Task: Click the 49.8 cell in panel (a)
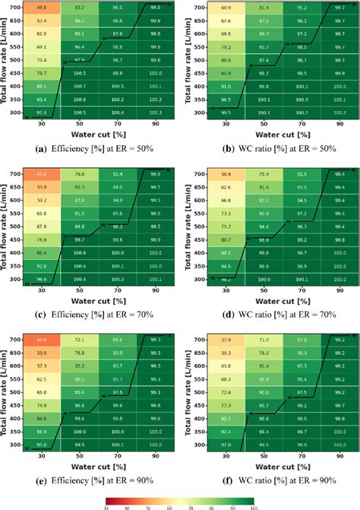click(42, 6)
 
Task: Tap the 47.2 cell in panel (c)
click(42, 174)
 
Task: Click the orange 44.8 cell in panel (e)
click(42, 341)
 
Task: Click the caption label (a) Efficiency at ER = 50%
click(90, 148)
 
